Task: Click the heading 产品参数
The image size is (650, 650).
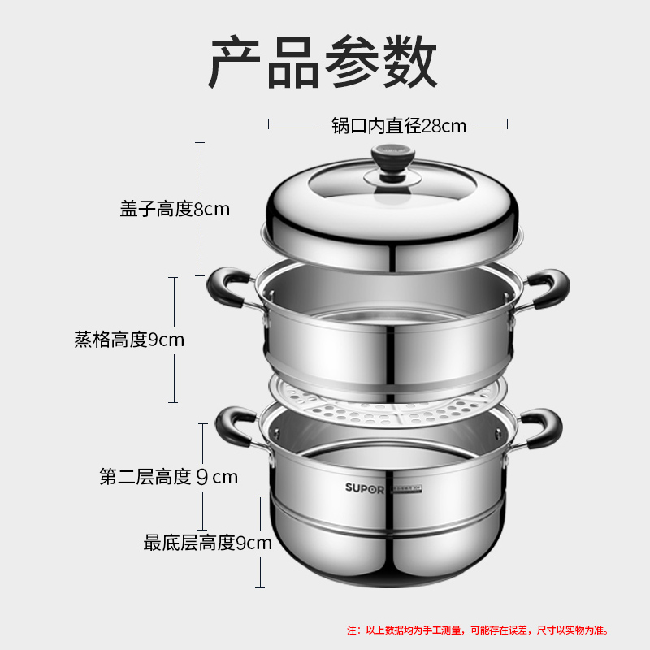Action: pyautogui.click(x=323, y=64)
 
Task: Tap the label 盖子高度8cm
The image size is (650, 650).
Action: pyautogui.click(x=175, y=209)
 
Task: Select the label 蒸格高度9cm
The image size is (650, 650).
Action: pyautogui.click(x=129, y=340)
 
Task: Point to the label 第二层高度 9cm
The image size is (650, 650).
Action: pyautogui.click(x=169, y=477)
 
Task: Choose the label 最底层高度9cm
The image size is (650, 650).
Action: pyautogui.click(x=207, y=543)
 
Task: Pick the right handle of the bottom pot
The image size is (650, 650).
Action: pyautogui.click(x=538, y=426)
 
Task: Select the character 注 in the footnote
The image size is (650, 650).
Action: pyautogui.click(x=353, y=629)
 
